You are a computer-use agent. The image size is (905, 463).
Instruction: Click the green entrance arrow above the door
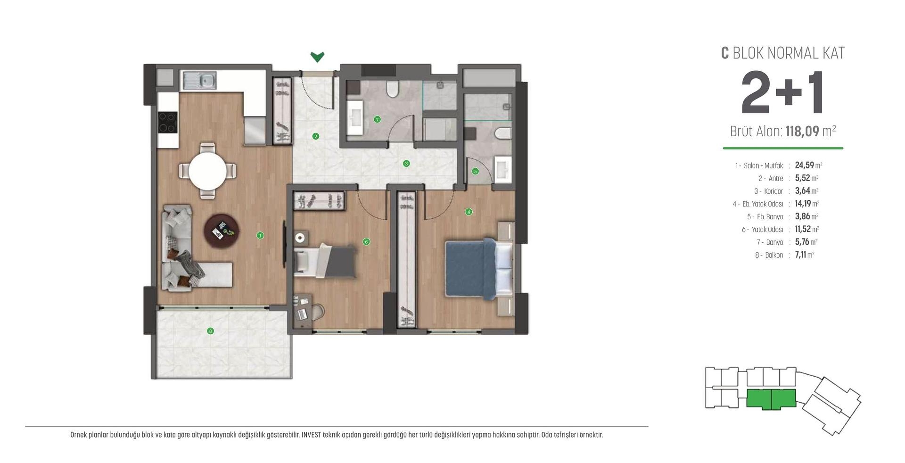coord(317,57)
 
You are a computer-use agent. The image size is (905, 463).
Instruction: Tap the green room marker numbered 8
coord(211,331)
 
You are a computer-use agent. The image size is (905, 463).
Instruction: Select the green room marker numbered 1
coord(260,235)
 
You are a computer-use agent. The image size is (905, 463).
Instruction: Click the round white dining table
coord(207,170)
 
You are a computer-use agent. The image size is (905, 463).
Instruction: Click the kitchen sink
coord(200,80)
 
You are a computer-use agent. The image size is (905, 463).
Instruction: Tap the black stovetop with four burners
coord(167,122)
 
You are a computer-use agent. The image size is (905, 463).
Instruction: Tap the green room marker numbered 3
coord(406,164)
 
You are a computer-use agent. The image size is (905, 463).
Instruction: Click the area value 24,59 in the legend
coord(804,165)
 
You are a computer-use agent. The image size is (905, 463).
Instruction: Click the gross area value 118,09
coord(802,131)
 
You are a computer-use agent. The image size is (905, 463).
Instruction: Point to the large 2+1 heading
coord(782,93)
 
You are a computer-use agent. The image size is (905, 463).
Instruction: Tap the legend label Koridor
coord(773,191)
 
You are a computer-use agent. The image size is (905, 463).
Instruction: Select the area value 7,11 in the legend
coord(800,255)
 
